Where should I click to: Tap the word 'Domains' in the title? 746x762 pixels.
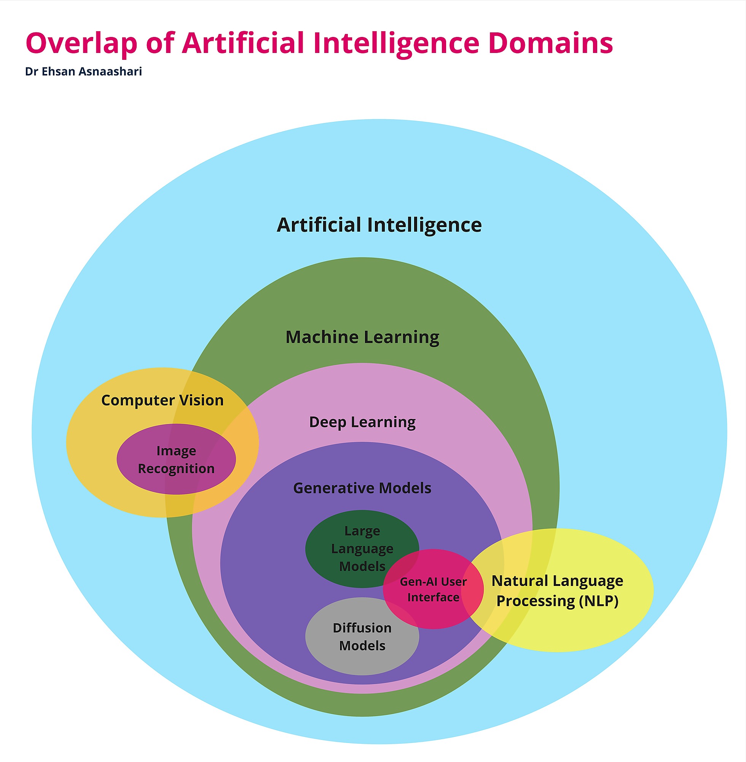(550, 43)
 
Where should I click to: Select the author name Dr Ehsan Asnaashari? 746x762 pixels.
(83, 71)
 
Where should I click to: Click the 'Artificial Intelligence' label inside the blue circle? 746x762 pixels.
(379, 225)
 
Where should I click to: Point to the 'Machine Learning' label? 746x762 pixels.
(362, 337)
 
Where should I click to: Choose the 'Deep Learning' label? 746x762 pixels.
(362, 422)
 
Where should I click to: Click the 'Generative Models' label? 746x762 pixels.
(362, 488)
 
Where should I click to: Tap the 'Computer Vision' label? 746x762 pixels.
(162, 400)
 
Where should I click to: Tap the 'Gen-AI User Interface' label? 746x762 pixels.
(433, 589)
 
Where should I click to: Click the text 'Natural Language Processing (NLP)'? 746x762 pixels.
(557, 591)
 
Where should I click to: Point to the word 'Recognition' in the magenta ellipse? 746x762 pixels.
(176, 469)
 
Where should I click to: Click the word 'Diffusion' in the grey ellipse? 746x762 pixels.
(362, 628)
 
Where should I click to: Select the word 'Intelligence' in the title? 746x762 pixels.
(396, 43)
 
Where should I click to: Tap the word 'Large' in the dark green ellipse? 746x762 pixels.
(362, 531)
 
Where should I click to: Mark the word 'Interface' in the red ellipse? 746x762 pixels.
(433, 597)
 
